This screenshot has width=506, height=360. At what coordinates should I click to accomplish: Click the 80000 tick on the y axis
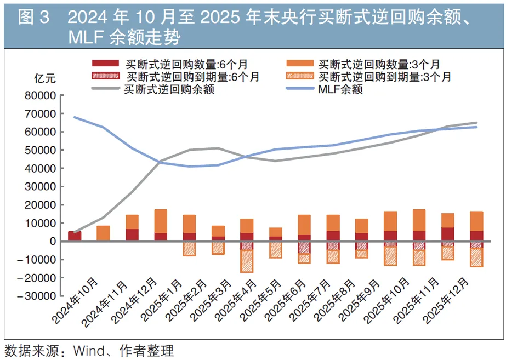tap(41, 95)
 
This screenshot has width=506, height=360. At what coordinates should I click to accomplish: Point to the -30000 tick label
tap(38, 296)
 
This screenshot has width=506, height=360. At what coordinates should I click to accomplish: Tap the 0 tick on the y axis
tap(53, 241)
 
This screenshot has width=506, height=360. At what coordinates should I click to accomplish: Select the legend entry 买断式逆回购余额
tap(168, 89)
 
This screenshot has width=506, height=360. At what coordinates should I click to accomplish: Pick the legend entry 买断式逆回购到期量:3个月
tap(384, 77)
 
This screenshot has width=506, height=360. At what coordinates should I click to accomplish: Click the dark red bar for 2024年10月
tap(75, 236)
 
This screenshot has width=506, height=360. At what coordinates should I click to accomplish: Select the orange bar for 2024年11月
tap(103, 233)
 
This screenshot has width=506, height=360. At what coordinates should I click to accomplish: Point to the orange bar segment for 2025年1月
tap(189, 224)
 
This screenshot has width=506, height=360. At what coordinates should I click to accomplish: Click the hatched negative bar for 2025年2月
tap(218, 248)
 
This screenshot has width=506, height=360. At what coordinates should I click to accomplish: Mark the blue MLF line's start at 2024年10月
tap(75, 117)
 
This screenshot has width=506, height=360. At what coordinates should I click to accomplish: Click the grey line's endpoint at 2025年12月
tap(476, 123)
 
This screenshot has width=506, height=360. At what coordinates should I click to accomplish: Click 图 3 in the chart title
tap(33, 18)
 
